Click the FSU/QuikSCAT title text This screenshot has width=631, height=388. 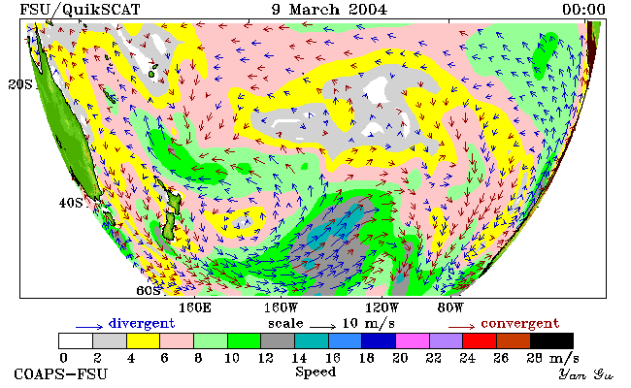click(80, 10)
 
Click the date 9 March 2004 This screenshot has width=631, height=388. click(329, 10)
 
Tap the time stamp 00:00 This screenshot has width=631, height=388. click(583, 10)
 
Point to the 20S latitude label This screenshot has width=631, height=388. click(20, 84)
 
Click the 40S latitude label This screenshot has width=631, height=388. click(71, 203)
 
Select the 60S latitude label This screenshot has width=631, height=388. click(149, 290)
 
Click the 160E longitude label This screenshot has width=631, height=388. click(195, 308)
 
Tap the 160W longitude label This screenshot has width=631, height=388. click(281, 308)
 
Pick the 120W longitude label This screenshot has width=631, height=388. click(382, 308)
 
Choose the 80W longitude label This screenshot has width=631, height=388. click(450, 308)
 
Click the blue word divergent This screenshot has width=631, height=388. click(142, 323)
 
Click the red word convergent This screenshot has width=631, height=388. click(520, 323)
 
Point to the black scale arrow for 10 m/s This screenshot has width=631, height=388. click(322, 327)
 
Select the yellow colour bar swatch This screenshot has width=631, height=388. click(144, 340)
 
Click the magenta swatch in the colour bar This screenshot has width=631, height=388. click(413, 340)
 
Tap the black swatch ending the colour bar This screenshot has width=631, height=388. click(551, 340)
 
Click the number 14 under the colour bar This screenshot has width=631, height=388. click(299, 358)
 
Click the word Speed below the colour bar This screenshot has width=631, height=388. click(315, 372)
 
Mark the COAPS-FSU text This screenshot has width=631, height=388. click(61, 374)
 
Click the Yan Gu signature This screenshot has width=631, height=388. click(586, 374)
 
